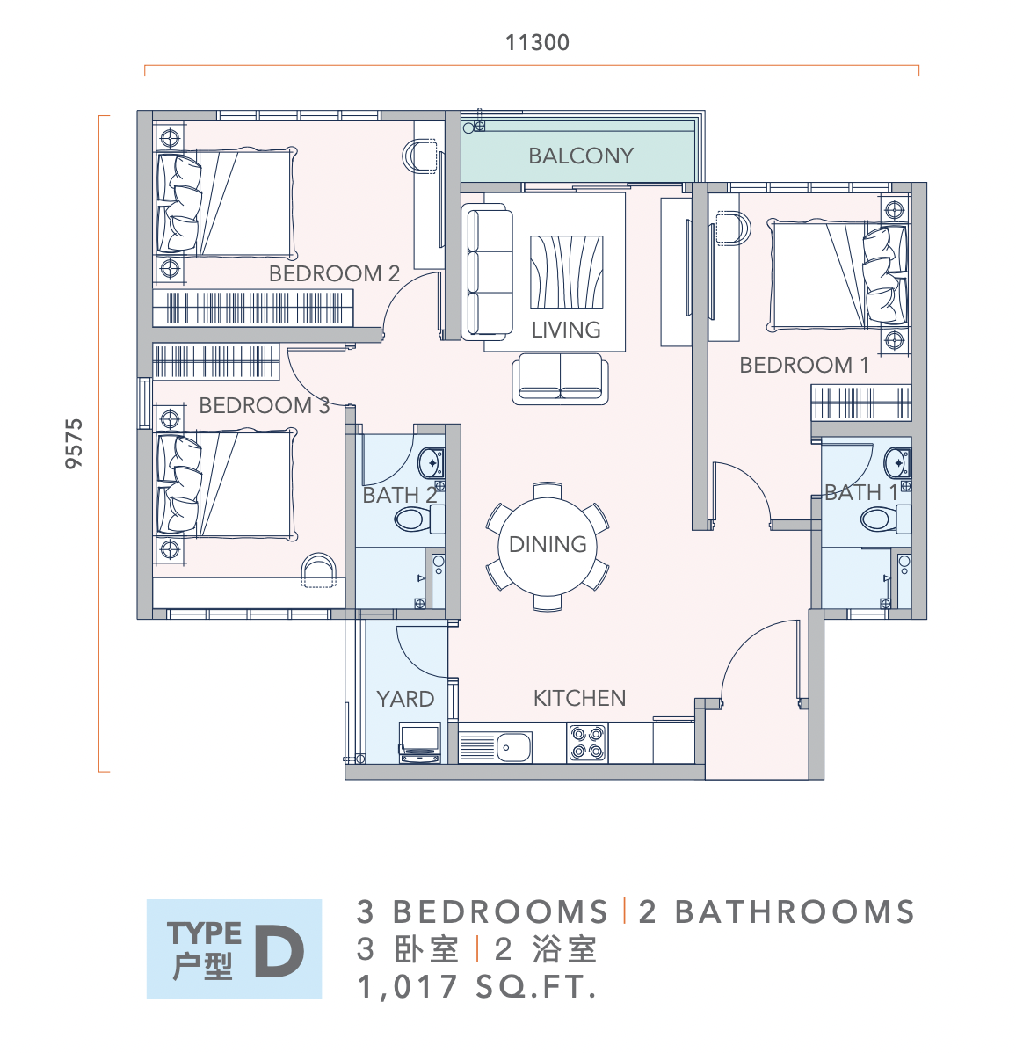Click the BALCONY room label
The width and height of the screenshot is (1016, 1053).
pos(581,156)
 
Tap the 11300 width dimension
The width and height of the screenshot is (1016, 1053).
pos(537,43)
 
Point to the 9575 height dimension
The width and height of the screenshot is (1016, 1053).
pos(74,443)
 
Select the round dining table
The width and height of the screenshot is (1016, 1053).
pos(548,545)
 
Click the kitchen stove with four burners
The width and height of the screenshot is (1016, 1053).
pos(587,742)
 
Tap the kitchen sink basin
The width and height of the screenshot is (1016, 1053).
pos(513,747)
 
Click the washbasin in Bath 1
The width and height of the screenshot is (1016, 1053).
pos(897,462)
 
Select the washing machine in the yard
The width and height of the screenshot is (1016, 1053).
pos(420,743)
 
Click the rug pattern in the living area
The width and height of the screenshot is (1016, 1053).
pos(566,272)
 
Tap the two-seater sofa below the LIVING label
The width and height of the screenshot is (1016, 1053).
pos(560,379)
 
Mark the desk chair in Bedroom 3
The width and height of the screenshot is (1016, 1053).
pos(318,570)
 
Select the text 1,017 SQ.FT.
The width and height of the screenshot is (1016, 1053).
pos(477,987)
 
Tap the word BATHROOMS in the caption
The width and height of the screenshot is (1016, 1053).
pos(795,912)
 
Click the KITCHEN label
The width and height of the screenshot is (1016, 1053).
pos(579,699)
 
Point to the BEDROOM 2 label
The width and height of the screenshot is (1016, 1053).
pos(334,273)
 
